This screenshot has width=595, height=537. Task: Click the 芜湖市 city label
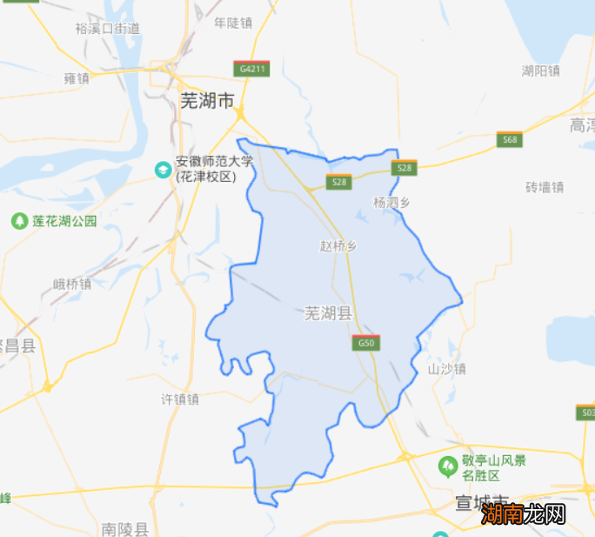pyautogui.click(x=207, y=102)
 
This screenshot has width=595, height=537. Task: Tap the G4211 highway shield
pyautogui.click(x=251, y=68)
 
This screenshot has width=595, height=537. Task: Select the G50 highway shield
pyautogui.click(x=366, y=343)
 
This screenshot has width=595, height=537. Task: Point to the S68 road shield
pyautogui.click(x=509, y=139)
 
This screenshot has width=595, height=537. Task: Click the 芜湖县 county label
pyautogui.click(x=327, y=314)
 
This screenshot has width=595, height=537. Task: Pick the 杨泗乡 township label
pyautogui.click(x=391, y=202)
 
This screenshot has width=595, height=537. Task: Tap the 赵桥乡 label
pyautogui.click(x=338, y=246)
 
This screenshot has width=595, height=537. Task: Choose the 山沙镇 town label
pyautogui.click(x=447, y=369)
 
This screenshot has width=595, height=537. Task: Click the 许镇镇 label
pyautogui.click(x=180, y=399)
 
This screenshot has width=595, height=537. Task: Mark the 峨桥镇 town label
pyautogui.click(x=72, y=284)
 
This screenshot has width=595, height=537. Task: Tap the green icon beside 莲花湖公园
pyautogui.click(x=19, y=221)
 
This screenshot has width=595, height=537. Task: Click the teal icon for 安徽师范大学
pyautogui.click(x=163, y=168)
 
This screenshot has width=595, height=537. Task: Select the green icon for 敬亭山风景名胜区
pyautogui.click(x=448, y=467)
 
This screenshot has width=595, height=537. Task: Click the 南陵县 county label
pyautogui.click(x=124, y=528)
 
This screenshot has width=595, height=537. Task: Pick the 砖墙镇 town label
pyautogui.click(x=545, y=186)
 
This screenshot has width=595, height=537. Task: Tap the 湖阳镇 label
pyautogui.click(x=540, y=70)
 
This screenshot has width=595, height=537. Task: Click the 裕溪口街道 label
pyautogui.click(x=107, y=28)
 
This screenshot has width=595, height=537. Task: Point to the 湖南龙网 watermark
pyautogui.click(x=525, y=514)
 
